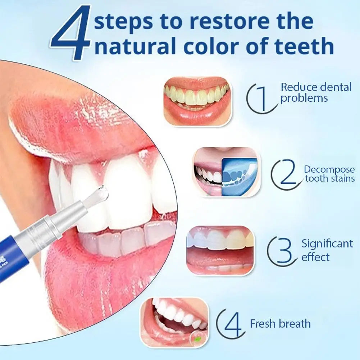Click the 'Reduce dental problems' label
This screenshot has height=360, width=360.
316,92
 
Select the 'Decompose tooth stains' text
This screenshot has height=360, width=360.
329,174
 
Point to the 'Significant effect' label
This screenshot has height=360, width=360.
327,250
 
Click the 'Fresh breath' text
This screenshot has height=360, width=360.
280,323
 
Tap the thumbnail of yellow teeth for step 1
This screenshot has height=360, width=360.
197,101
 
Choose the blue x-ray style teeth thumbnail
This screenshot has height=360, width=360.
240,177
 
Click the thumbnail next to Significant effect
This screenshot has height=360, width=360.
220,250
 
